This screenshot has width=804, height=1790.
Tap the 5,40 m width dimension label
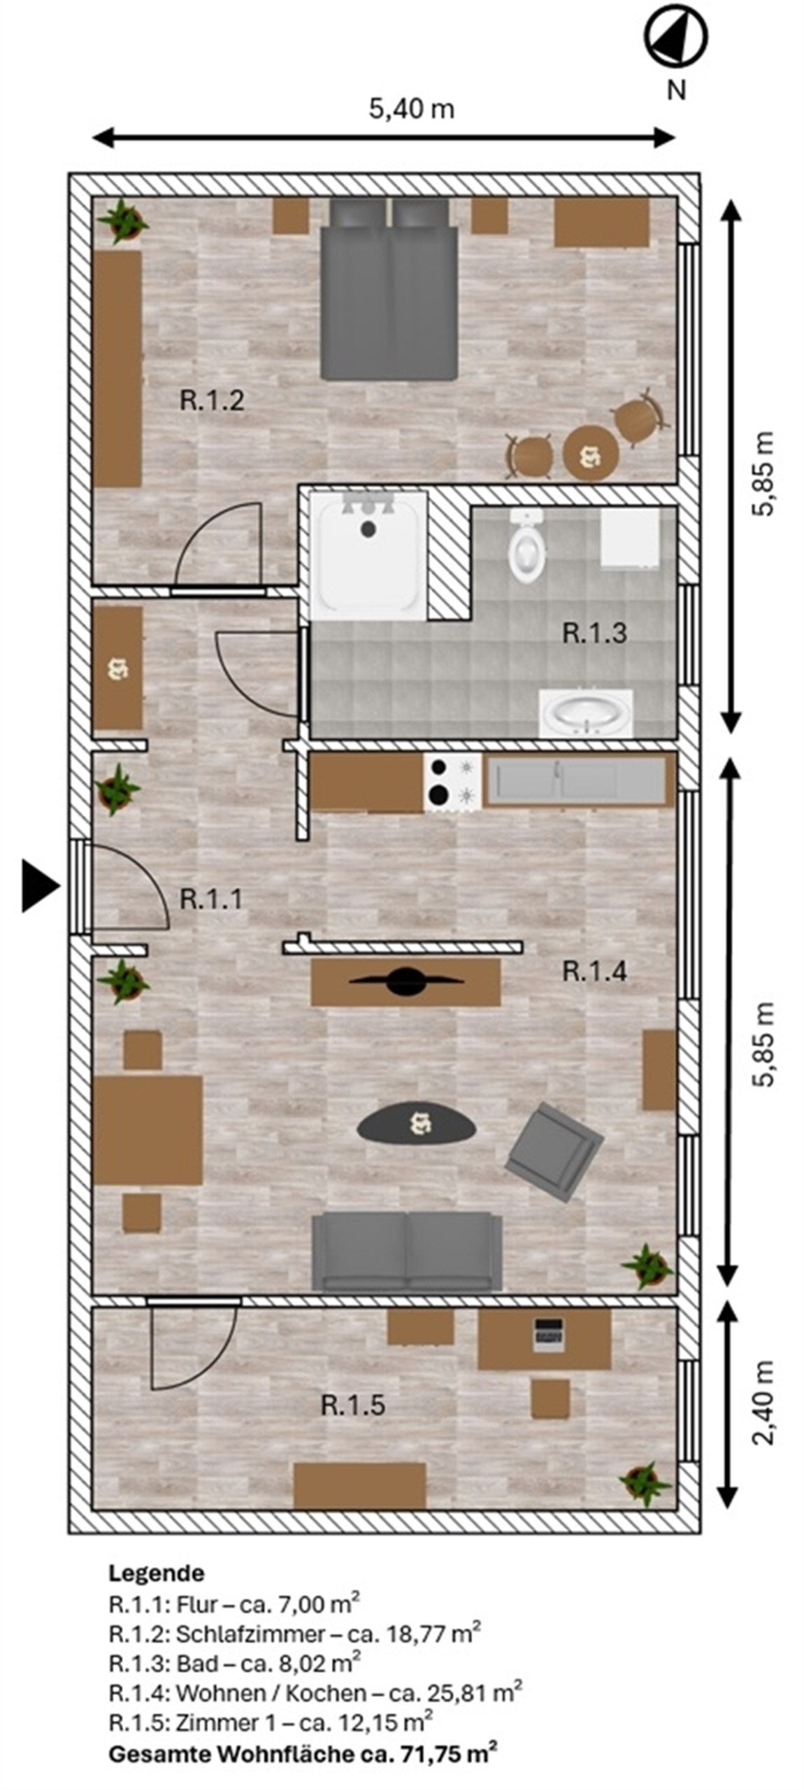tap(411, 109)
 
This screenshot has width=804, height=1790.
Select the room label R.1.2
tap(212, 401)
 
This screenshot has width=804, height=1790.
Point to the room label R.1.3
tap(594, 633)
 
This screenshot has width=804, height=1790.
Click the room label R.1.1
tap(211, 898)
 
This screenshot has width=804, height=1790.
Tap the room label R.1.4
tap(594, 971)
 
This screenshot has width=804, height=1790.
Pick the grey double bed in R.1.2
tap(389, 288)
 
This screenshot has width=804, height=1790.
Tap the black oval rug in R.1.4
tap(417, 1124)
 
